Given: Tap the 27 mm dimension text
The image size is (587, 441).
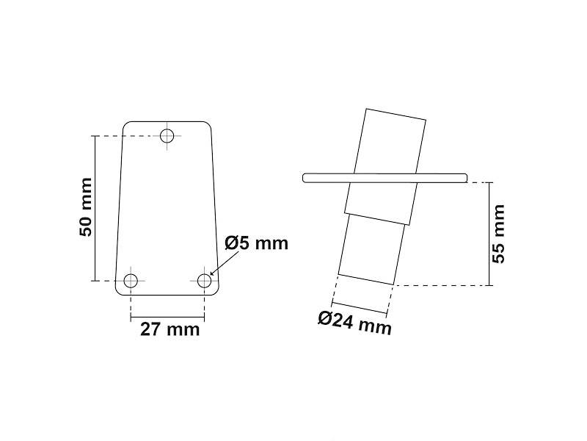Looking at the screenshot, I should (x=169, y=329).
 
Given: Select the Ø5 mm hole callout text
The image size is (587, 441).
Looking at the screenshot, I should (x=257, y=243).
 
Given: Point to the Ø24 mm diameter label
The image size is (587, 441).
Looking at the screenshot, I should (x=354, y=323).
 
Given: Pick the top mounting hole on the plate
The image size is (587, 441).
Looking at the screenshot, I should (x=168, y=135).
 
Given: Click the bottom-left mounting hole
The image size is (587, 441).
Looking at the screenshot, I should (x=131, y=280).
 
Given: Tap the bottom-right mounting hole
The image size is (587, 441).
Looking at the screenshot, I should (x=205, y=280).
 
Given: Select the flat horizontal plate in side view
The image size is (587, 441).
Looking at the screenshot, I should (x=440, y=176).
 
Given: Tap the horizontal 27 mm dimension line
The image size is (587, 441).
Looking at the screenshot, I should (x=168, y=318).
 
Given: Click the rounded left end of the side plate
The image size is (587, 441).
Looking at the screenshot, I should (x=305, y=176).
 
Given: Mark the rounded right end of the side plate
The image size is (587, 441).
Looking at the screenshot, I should (x=465, y=176).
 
